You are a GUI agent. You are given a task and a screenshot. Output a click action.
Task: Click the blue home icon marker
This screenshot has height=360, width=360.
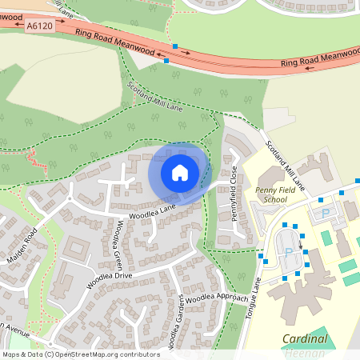tap(179, 173)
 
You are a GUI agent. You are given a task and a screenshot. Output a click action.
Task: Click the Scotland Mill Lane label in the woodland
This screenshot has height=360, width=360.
tap(155, 99)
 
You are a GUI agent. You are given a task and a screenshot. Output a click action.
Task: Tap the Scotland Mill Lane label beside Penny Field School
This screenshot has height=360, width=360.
tap(285, 166)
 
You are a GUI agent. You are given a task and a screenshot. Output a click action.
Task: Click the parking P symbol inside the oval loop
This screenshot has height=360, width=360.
tap(289, 250)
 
